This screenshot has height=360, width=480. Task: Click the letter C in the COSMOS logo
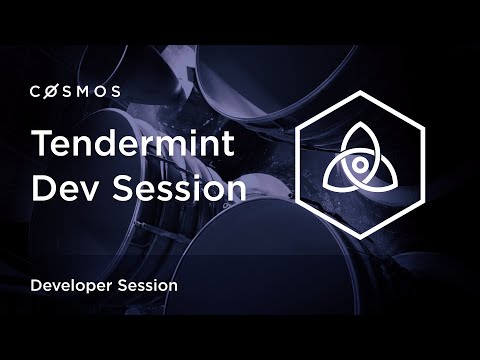pos(37,91)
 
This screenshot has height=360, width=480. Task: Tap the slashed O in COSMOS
pos(53,91)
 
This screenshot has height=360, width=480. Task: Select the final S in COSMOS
pos(117,91)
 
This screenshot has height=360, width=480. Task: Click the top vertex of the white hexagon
pos(364,92)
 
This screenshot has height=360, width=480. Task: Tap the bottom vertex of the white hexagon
pos(364,237)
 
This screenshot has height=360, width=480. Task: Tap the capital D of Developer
pos(37,285)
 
